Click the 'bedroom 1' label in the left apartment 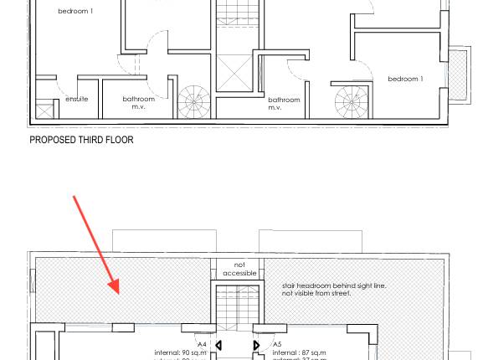point(75,12)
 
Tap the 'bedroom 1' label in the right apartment point(405,80)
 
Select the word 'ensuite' point(76,100)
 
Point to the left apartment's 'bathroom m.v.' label point(139,103)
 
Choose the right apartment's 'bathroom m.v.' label point(284,104)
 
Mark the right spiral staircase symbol point(351,102)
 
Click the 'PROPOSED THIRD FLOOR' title point(81,141)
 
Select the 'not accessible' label point(239,270)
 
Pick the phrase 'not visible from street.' point(316,294)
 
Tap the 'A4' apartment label point(202,345)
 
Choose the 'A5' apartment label point(277,345)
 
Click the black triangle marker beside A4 point(218,345)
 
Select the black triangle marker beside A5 point(256,345)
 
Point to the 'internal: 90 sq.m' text point(180,353)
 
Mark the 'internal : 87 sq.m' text point(300,353)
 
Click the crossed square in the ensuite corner point(44,111)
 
